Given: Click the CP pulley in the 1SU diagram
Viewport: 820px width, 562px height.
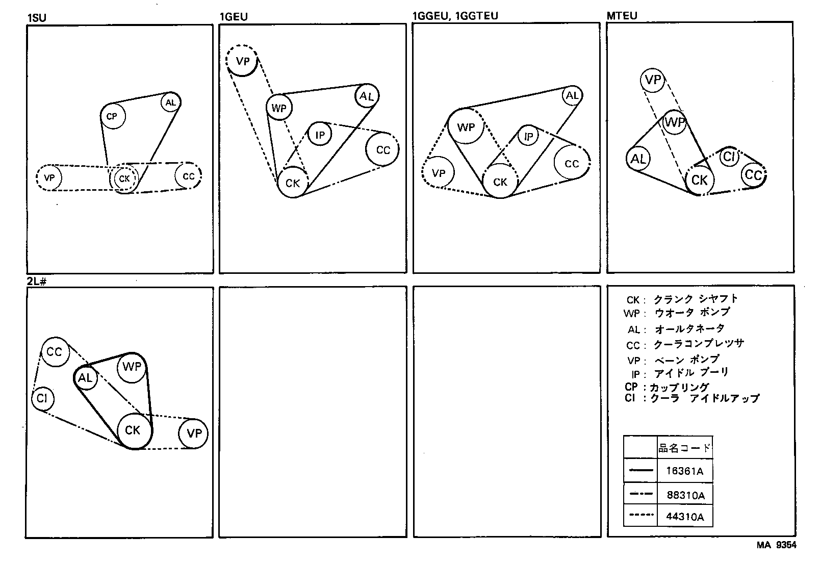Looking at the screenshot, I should (112, 117).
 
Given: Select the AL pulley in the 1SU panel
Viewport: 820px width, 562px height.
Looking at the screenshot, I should (170, 103).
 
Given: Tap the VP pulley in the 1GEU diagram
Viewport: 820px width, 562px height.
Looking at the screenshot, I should (243, 61).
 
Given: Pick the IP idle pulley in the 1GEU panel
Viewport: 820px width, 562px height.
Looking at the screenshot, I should (320, 135).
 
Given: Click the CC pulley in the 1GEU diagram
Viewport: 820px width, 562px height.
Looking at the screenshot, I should (382, 149).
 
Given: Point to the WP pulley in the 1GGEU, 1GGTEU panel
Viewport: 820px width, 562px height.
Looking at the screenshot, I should (466, 127).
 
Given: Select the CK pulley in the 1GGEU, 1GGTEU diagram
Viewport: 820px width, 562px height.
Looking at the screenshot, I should (500, 182).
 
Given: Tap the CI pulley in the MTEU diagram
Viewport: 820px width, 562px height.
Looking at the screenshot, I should (729, 157).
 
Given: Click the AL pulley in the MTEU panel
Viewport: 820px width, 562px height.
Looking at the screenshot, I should (638, 159).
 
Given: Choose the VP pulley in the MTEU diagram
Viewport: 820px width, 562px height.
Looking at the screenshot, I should (653, 80).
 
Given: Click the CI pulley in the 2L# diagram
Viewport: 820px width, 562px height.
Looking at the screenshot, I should (42, 398).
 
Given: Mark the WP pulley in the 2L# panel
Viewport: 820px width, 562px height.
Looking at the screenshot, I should (132, 367).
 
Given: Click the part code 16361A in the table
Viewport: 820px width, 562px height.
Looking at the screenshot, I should (684, 471).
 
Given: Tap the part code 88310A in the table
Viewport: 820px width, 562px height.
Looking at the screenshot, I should (685, 495).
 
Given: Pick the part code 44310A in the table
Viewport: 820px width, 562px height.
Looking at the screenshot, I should (684, 517).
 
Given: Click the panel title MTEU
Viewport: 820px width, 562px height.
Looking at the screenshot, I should (622, 16).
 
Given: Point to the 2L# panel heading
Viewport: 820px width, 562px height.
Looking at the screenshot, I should (36, 281).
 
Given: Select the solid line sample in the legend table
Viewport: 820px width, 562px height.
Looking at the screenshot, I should (640, 471).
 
